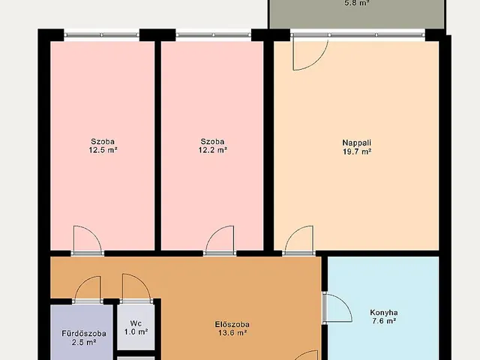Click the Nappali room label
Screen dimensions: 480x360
pos(357,142)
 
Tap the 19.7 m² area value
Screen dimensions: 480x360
pos(357,151)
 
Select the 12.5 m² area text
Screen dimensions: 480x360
pos(103,150)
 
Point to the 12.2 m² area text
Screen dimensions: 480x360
pos(213,150)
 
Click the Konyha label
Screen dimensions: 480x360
pos(384,313)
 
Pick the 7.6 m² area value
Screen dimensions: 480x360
pos(384,321)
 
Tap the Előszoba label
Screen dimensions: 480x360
pos(232,324)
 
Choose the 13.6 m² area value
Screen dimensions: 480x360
pos(232,333)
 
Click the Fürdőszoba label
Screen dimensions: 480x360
pos(84,333)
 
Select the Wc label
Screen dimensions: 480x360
pos(136,323)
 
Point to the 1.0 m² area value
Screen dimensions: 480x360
pos(136,331)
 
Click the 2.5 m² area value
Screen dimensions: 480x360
pos(84,342)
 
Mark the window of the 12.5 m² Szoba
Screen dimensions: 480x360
pos(102,35)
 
